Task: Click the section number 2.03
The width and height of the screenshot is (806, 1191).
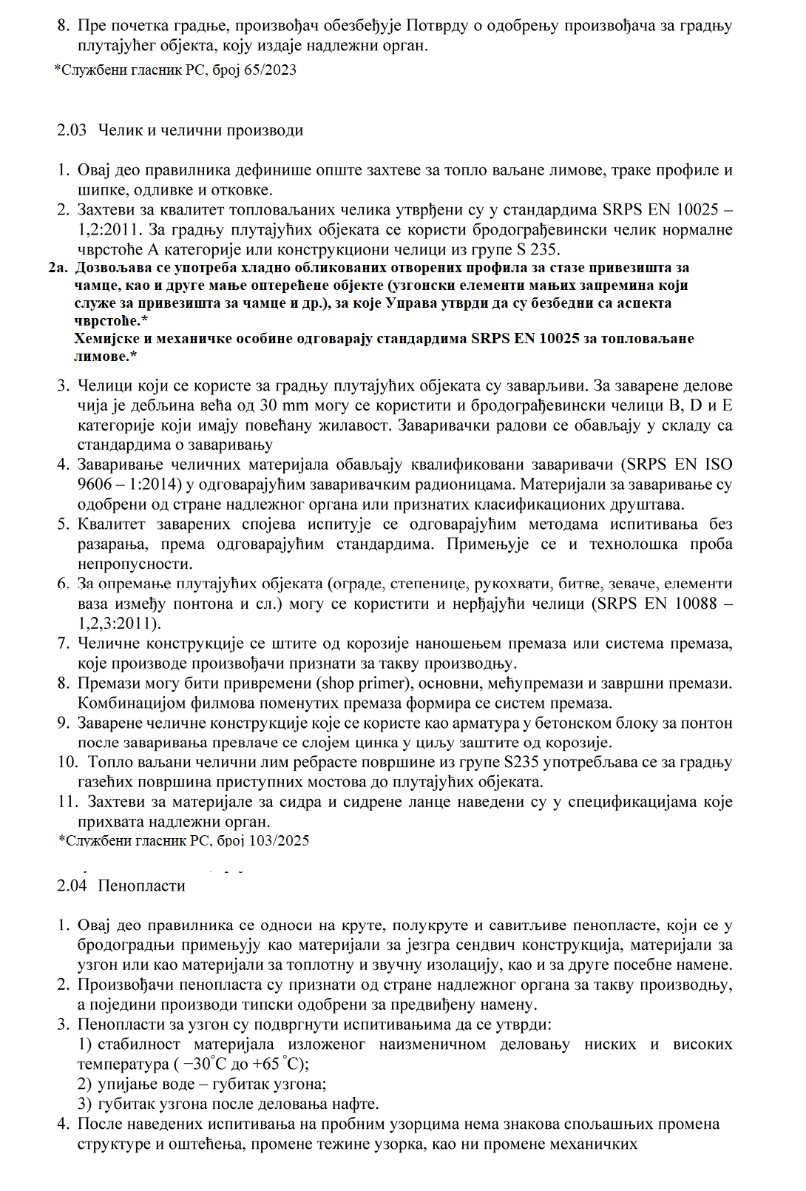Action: tap(72, 130)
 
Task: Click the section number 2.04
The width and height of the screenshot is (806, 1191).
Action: tap(72, 885)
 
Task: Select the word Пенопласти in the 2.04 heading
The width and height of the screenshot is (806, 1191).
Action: tap(141, 885)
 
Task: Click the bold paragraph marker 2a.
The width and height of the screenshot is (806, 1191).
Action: tap(58, 267)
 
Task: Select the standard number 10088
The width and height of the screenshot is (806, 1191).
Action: tap(696, 603)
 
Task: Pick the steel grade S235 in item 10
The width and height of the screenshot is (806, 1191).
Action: tap(521, 762)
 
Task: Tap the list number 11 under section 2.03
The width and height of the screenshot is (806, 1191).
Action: tap(67, 802)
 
